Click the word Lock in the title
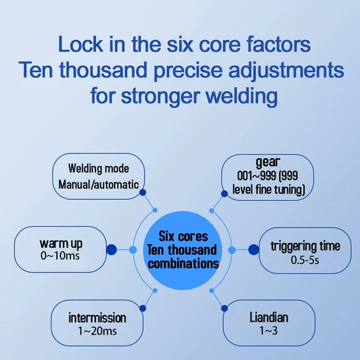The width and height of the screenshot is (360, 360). (x=80, y=44)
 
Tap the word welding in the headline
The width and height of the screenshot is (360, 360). (x=242, y=96)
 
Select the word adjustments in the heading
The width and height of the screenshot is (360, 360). (x=286, y=70)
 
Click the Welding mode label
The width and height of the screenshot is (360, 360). (x=98, y=168)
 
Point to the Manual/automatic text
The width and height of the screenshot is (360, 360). (x=98, y=185)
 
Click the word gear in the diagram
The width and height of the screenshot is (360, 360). (x=268, y=163)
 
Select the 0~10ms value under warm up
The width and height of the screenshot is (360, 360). (x=60, y=256)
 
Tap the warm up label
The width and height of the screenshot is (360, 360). (x=61, y=244)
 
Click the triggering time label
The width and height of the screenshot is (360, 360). (x=305, y=246)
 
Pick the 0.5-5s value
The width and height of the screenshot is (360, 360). (x=305, y=260)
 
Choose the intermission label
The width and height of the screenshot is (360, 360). (x=97, y=318)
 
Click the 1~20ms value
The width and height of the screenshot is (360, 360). (x=97, y=331)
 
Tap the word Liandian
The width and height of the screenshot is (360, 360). (x=269, y=318)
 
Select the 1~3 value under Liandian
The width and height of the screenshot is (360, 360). (x=268, y=331)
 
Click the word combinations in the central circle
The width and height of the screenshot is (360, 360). (x=183, y=264)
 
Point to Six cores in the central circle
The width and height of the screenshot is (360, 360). (x=183, y=236)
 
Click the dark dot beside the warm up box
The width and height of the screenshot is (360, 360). (x=112, y=250)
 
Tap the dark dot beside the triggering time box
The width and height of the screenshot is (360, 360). (x=254, y=250)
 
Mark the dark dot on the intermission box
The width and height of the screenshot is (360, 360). (x=143, y=308)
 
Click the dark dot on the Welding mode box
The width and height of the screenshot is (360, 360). (x=143, y=193)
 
